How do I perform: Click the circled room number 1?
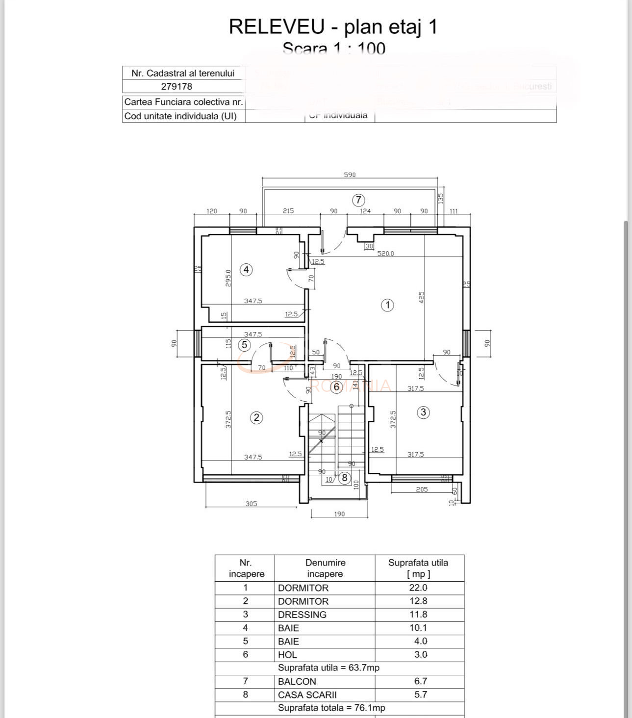(387, 305)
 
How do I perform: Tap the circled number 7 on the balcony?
(358, 200)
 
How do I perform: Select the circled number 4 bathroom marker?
(246, 269)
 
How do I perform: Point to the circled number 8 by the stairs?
(345, 478)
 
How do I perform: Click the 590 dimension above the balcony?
(350, 175)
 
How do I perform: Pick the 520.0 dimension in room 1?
(385, 254)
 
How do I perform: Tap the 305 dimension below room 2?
(251, 504)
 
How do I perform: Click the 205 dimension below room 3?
(422, 489)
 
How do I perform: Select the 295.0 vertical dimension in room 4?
(228, 279)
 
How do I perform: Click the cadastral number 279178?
(177, 86)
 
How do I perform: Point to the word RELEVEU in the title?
(277, 26)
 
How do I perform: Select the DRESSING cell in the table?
(302, 615)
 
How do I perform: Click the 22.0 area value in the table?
(418, 588)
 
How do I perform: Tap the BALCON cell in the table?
(297, 681)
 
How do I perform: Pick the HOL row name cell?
(287, 655)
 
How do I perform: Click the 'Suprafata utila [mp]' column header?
(418, 568)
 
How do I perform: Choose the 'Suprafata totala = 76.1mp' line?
(331, 708)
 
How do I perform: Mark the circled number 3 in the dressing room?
(424, 412)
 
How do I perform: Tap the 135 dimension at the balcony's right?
(440, 198)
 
